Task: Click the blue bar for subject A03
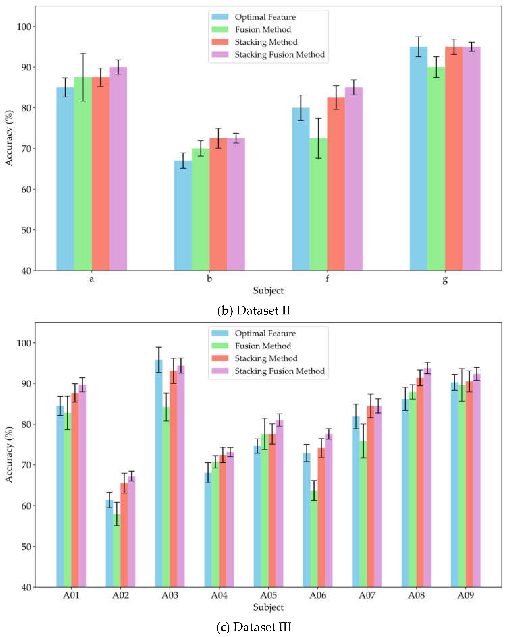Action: [159, 473]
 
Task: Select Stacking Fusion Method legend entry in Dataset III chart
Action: [279, 371]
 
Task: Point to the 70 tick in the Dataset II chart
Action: [26, 149]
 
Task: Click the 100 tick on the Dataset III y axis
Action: [24, 343]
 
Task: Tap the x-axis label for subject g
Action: [445, 279]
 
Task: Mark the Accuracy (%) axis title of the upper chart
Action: [9, 138]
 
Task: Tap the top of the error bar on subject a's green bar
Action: [83, 53]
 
